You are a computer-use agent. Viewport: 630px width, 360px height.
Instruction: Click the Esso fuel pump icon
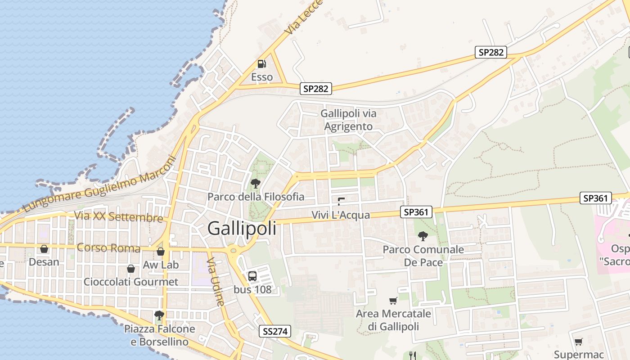tap(261, 64)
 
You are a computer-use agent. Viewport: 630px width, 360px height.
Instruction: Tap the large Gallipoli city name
tap(242, 229)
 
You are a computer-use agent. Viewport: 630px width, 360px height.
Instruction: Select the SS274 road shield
tap(275, 332)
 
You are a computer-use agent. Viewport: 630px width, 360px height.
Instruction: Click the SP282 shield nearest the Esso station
tap(316, 89)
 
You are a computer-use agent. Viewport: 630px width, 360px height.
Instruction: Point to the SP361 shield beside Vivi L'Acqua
tap(416, 212)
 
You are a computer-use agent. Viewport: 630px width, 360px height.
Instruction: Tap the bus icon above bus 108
tap(252, 276)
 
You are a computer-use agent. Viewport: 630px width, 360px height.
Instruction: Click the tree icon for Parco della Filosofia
tap(256, 183)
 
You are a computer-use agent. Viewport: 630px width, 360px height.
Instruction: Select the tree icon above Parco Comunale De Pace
tap(423, 236)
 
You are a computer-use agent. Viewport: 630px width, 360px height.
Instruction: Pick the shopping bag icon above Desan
tap(44, 249)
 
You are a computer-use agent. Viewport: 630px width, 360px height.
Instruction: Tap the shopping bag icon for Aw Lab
tap(161, 252)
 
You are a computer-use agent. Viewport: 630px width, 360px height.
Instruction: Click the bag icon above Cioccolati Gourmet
tap(131, 269)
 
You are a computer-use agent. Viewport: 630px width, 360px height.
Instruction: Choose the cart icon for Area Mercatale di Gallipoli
tap(393, 301)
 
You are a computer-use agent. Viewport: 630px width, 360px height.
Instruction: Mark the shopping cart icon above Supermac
tap(578, 342)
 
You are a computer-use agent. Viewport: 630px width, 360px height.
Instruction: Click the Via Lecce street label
tap(298, 18)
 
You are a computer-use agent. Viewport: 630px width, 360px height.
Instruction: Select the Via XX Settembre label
tap(118, 217)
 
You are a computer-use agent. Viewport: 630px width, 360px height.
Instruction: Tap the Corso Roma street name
tap(108, 247)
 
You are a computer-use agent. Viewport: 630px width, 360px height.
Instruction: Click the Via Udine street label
tap(216, 282)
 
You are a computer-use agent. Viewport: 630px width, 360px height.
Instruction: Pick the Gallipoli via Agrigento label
tap(349, 120)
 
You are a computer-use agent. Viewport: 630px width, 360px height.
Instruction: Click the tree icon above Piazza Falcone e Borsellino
tap(158, 315)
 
